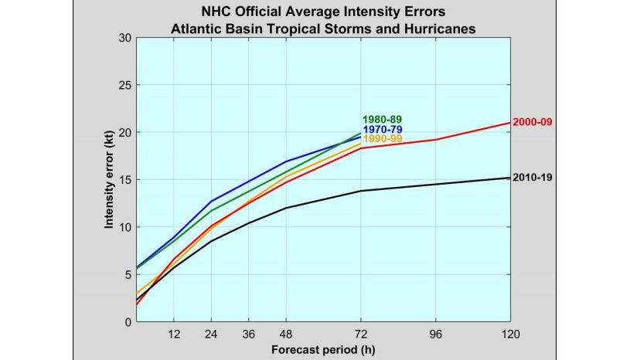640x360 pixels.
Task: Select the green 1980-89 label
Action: (x=382, y=119)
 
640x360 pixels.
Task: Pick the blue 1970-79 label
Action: (x=382, y=129)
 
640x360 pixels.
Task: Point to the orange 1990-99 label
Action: (x=382, y=139)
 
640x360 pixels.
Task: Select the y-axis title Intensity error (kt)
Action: (x=110, y=179)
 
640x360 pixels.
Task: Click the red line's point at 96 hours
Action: (x=435, y=140)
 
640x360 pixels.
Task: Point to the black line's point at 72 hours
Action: (x=361, y=191)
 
